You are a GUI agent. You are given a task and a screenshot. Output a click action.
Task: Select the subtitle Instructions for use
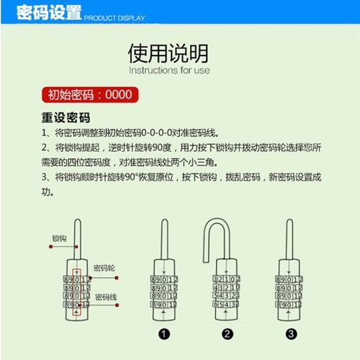pos(168,71)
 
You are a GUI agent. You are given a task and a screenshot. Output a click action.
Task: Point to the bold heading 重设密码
pos(71,117)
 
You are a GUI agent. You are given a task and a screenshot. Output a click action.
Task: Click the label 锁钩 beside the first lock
pos(59,237)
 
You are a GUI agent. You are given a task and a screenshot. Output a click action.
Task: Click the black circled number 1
pos(164,333)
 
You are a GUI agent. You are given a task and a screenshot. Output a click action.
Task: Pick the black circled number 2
pos(227,333)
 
